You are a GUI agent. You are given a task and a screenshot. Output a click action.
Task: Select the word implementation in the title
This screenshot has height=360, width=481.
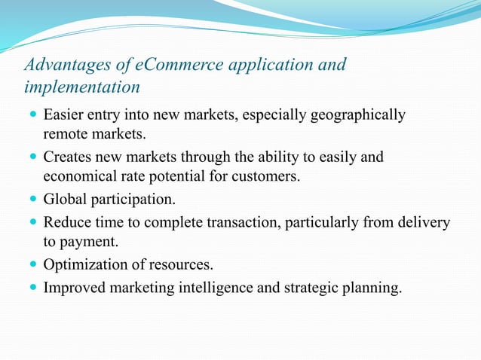coord(81,87)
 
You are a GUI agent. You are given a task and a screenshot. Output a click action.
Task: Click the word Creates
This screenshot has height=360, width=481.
coord(69,157)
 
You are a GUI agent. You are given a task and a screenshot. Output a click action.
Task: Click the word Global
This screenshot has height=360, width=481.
coord(66,200)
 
